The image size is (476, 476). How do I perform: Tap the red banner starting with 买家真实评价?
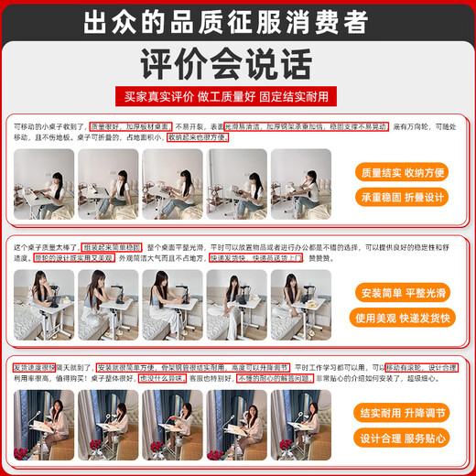pyautogui.click(x=237, y=96)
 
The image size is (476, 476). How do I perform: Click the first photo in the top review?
pyautogui.click(x=43, y=183)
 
